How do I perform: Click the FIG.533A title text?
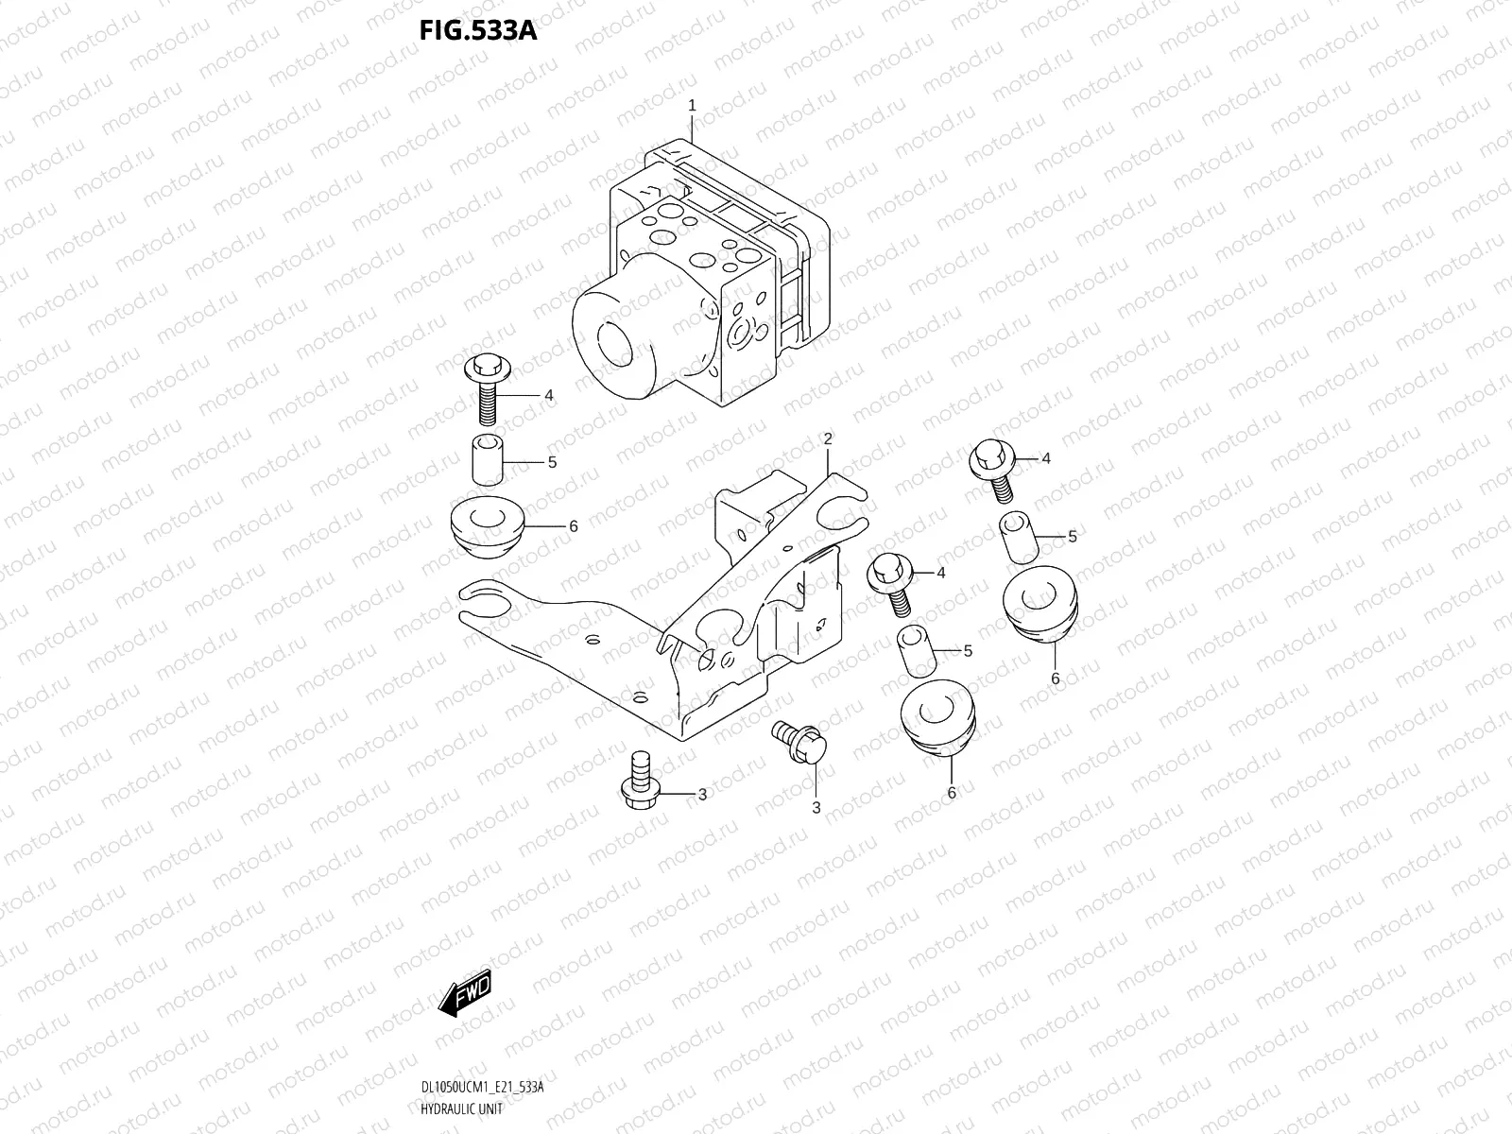(478, 31)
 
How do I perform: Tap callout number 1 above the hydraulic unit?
(692, 106)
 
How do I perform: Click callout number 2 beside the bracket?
(827, 438)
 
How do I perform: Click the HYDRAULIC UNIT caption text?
(462, 1108)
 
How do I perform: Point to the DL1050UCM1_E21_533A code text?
(482, 1088)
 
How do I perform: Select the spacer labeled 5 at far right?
(1018, 538)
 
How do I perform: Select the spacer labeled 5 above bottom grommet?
(915, 650)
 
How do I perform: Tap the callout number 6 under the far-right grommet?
(1055, 679)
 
